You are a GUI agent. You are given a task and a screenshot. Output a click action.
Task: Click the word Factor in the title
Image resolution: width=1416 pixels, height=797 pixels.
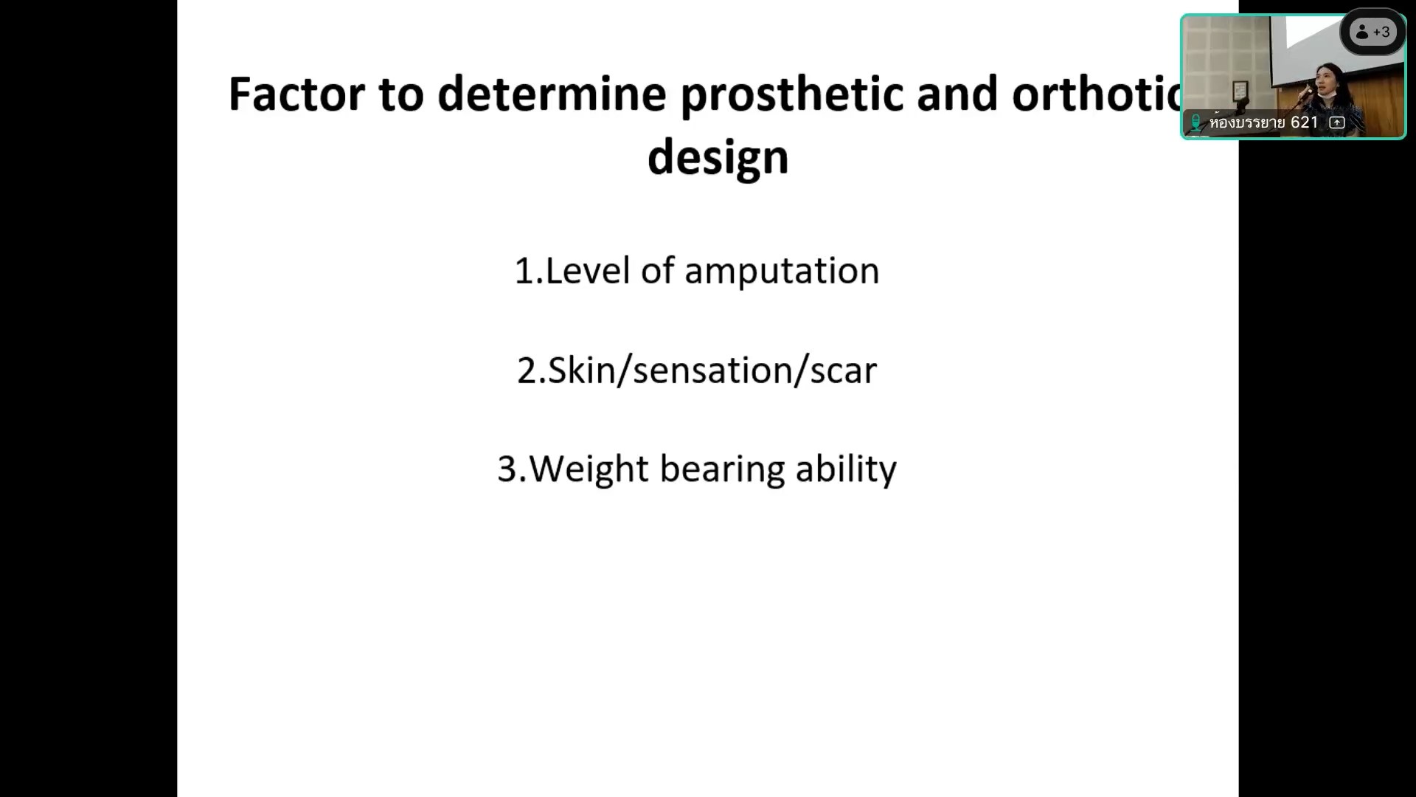click(296, 94)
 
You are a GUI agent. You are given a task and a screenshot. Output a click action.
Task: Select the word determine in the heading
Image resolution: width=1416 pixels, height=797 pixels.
click(552, 94)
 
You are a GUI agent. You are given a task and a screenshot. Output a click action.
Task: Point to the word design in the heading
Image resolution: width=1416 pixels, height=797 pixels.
click(718, 158)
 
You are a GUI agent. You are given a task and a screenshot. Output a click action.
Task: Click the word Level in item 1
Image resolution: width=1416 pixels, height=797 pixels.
click(588, 271)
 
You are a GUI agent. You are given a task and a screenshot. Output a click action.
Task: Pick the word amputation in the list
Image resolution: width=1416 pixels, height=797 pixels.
click(782, 272)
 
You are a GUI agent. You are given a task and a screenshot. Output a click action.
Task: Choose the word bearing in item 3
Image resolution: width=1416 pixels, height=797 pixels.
click(722, 469)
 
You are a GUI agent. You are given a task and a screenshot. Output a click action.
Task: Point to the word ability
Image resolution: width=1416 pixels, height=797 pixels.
click(846, 469)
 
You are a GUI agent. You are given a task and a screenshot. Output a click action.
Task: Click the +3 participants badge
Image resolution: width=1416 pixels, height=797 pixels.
click(1372, 32)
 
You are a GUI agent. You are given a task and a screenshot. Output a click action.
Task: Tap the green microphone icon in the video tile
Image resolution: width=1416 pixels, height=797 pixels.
click(1195, 123)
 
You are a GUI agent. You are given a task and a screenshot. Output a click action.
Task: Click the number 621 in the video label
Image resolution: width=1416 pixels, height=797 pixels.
click(1304, 123)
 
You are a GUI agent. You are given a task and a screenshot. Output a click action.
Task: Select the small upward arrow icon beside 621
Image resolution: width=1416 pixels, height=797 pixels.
click(1337, 123)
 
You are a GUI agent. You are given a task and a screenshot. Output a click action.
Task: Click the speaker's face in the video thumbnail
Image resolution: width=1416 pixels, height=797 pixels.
click(1327, 80)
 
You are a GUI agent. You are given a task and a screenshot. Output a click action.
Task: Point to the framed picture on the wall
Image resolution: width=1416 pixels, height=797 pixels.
click(1240, 92)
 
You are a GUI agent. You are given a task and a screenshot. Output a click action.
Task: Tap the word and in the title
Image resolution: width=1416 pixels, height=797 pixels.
click(957, 94)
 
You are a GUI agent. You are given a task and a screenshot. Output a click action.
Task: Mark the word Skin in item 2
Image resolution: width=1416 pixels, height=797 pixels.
click(581, 370)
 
